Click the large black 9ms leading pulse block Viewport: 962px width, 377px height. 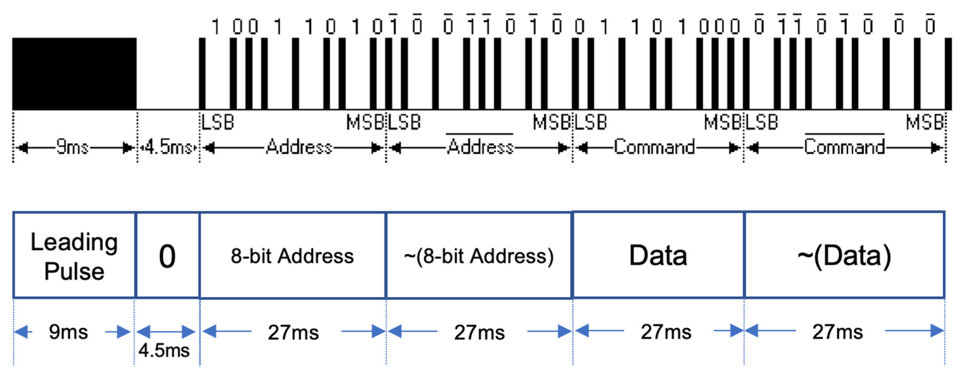pos(74,73)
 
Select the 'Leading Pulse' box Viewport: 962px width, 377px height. pos(74,256)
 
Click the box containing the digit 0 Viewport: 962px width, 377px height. pos(167,256)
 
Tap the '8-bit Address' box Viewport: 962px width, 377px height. pos(292,256)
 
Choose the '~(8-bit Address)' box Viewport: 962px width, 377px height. pos(479,256)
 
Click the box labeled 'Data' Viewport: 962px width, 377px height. pos(658,256)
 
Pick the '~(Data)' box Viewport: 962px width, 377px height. pos(844,256)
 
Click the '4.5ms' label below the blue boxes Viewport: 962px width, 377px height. pos(164,350)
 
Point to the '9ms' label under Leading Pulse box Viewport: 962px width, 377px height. pos(68,332)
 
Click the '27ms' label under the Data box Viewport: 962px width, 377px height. pos(666,332)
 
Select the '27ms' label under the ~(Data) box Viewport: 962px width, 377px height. pos(837,332)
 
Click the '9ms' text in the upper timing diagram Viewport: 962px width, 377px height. pos(72,147)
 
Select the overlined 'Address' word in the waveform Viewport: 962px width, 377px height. pos(480,147)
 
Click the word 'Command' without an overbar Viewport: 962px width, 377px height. pos(654,147)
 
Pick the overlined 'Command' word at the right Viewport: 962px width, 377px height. pos(844,147)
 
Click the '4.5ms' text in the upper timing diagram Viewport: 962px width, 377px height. pos(169,147)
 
